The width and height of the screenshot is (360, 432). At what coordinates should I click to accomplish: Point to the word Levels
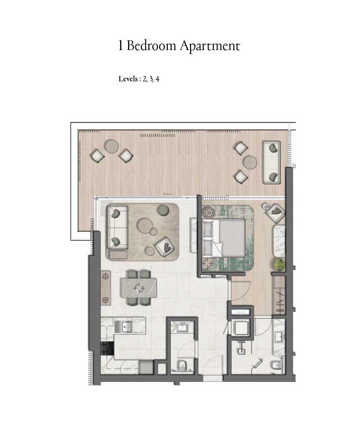(128, 79)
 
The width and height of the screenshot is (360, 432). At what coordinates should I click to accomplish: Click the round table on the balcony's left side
(112, 146)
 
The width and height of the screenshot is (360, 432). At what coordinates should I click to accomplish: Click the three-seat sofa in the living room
(117, 227)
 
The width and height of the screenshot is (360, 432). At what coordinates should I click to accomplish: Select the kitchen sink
(127, 327)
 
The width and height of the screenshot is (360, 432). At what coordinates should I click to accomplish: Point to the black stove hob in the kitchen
(107, 348)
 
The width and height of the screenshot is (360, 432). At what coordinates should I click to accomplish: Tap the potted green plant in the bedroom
(279, 265)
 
